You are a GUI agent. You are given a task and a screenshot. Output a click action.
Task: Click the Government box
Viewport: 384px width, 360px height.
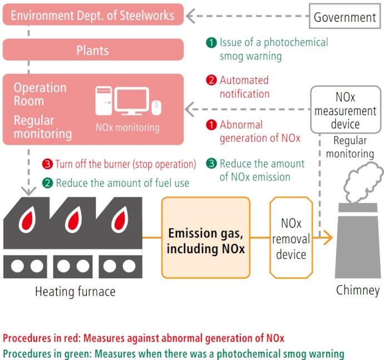(344, 16)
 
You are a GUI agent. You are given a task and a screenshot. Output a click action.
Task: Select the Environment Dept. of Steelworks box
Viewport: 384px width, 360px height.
(93, 15)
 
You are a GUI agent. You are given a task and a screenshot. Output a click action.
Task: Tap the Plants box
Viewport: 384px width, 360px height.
(93, 50)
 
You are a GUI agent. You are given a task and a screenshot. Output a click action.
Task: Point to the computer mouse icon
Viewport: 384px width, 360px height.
(157, 105)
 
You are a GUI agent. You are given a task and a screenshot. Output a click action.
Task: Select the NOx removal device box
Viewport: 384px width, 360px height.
(291, 238)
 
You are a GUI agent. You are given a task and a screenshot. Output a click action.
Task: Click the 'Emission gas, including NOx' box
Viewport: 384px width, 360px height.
(206, 238)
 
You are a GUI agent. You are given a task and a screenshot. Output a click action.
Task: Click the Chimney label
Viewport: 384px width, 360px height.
(358, 290)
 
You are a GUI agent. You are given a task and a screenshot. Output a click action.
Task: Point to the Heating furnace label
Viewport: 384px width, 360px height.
(76, 291)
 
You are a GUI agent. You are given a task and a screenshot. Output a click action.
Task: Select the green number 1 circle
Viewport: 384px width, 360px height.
(211, 43)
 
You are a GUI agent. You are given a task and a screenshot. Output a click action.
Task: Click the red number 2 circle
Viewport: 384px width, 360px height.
(211, 81)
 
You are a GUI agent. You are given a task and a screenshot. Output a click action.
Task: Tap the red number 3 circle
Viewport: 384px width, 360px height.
(47, 164)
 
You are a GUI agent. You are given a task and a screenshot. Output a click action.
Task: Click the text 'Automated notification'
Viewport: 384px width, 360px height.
(244, 87)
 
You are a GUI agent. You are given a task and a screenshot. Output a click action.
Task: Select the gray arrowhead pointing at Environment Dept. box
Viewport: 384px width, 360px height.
(191, 16)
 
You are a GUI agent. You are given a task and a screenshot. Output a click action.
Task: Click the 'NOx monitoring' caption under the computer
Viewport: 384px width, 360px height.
(127, 127)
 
